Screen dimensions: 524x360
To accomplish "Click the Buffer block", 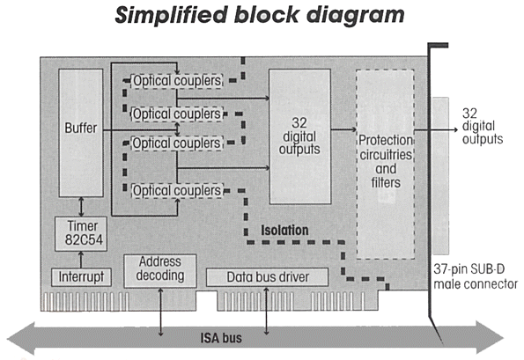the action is (x=81, y=133).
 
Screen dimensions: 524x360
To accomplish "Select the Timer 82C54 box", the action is (x=81, y=234).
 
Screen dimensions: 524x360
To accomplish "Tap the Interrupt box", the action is (x=81, y=277).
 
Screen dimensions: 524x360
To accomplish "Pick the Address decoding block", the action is (x=160, y=271).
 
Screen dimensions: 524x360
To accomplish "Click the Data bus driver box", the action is (x=268, y=277).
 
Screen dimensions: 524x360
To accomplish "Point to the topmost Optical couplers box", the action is (x=177, y=81).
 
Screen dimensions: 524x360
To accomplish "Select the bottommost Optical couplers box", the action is (x=177, y=191).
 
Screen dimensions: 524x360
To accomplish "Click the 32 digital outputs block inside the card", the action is (x=299, y=136).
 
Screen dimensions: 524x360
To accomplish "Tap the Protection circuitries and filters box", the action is (x=386, y=165).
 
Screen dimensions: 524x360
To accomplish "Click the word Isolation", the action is (x=284, y=231).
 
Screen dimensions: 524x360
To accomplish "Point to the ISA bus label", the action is (x=221, y=338).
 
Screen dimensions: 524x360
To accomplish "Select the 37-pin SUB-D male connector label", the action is (x=476, y=276).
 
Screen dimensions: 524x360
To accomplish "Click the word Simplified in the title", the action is (x=171, y=15).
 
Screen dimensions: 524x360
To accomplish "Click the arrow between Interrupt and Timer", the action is (x=81, y=260).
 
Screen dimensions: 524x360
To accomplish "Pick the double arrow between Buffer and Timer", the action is (x=81, y=207).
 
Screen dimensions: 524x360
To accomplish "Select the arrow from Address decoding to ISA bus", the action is (x=161, y=312).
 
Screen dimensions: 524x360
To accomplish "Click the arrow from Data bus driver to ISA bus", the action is (x=266, y=311).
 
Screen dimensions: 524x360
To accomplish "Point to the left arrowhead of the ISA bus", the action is (x=21, y=338).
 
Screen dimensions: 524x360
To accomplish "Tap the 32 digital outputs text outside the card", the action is (x=483, y=126).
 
